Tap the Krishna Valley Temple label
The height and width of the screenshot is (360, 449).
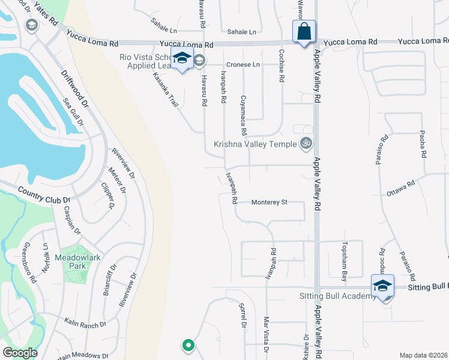pos(255,145)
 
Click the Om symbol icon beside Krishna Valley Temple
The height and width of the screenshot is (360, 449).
pos(306,144)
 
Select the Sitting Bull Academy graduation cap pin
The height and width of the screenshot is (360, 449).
pos(382,286)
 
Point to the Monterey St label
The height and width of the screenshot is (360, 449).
pos(270,203)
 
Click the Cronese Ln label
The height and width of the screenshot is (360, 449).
pos(243,64)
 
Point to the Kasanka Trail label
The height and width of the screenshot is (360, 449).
pos(166,90)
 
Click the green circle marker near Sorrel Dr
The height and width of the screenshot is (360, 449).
pos(188,345)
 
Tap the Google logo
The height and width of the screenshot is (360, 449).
pos(20,353)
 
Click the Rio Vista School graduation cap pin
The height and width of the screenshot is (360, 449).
pos(182,59)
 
